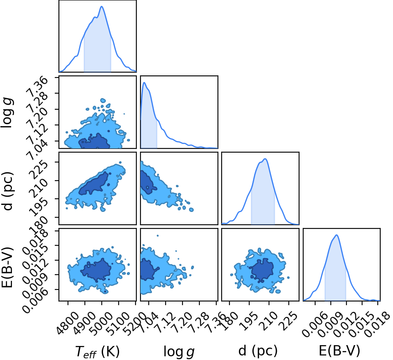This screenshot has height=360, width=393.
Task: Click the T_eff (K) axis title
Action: pyautogui.click(x=98, y=351)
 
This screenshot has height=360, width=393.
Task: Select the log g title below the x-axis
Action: pyautogui.click(x=179, y=352)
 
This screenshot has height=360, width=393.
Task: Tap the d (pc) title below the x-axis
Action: pyautogui.click(x=258, y=351)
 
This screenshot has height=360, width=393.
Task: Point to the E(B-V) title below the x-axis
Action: pyautogui.click(x=339, y=351)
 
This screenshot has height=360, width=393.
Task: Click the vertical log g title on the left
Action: pyautogui.click(x=7, y=113)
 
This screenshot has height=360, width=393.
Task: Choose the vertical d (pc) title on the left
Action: pyautogui.click(x=7, y=191)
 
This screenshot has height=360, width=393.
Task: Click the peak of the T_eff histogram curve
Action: pyautogui.click(x=102, y=6)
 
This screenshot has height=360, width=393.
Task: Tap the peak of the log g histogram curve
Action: pyautogui.click(x=144, y=82)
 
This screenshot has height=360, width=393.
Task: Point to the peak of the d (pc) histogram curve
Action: pyautogui.click(x=265, y=159)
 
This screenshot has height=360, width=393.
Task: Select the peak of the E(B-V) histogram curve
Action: pyautogui.click(x=337, y=235)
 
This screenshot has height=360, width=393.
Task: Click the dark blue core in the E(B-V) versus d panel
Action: pyautogui.click(x=262, y=270)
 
